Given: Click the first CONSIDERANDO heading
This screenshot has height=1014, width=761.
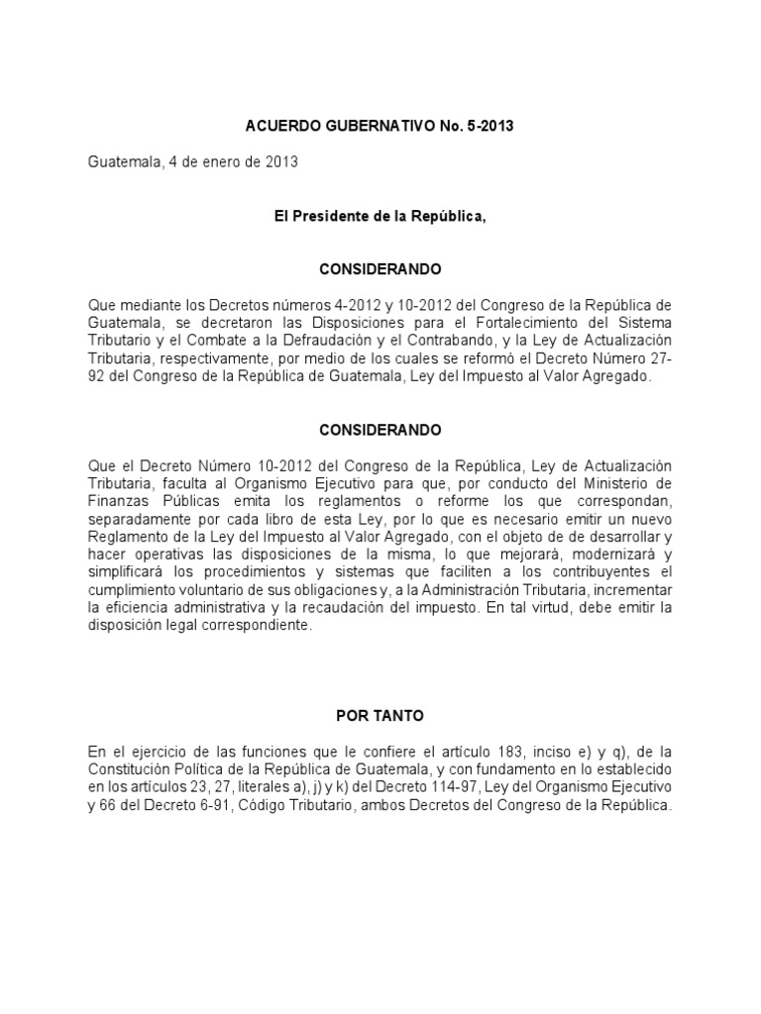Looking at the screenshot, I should pyautogui.click(x=380, y=269).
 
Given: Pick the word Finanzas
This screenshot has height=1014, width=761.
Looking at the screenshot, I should pyautogui.click(x=117, y=501).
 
